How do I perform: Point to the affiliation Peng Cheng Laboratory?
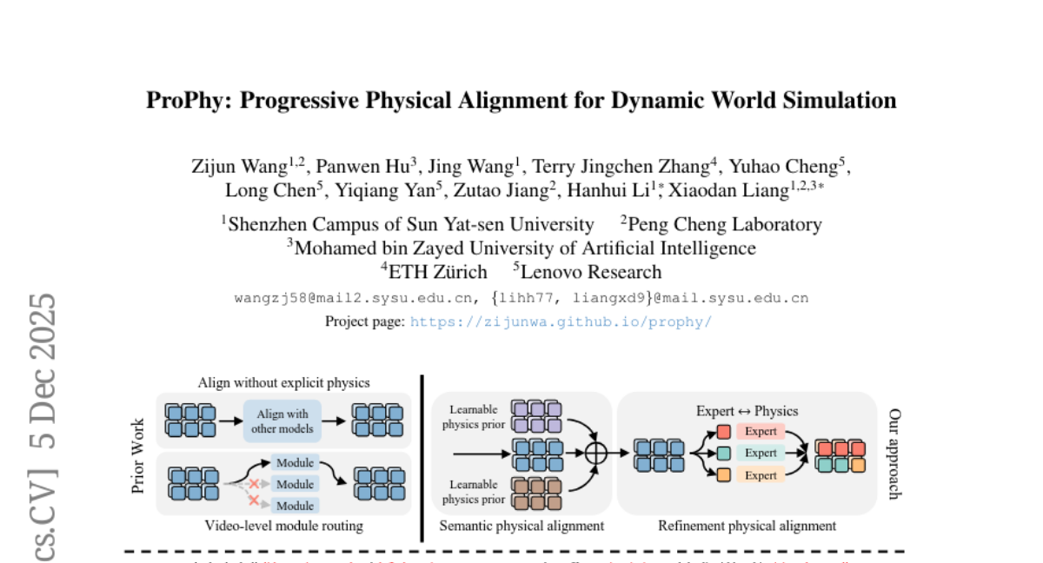[x=724, y=224]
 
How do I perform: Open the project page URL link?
[x=561, y=321]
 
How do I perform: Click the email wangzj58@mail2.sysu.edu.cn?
[x=355, y=298]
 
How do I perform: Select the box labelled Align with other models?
[x=282, y=421]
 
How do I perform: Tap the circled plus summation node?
[x=595, y=453]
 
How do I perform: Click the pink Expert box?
[x=761, y=432]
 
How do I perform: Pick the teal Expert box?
[x=761, y=453]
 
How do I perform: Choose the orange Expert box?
[x=761, y=474]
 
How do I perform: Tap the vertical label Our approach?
[x=895, y=453]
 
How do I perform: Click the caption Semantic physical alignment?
[x=521, y=526]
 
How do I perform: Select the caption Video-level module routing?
[x=283, y=526]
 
